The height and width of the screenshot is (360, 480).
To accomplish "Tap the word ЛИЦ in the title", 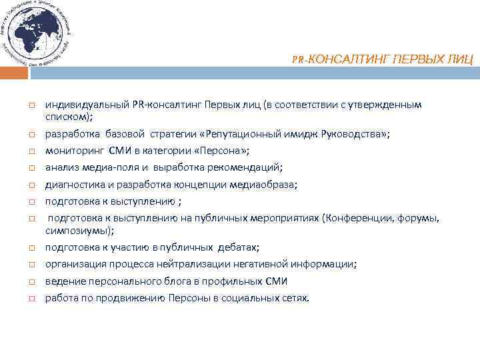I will coord(460,60).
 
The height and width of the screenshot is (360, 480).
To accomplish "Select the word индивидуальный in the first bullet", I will coord(87,105).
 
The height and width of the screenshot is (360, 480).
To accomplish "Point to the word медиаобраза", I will coord(267,183).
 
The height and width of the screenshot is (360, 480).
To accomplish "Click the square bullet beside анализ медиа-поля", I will coord(31,167).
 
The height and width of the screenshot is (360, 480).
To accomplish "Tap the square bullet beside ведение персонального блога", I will coord(31,282).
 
